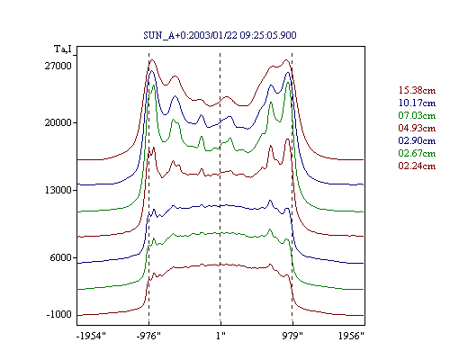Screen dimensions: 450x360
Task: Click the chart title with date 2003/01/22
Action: point(220,35)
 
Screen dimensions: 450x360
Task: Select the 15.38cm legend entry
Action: point(417,90)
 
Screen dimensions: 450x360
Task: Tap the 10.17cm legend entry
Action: point(417,103)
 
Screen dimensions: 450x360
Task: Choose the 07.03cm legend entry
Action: point(417,115)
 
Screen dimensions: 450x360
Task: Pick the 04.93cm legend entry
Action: point(417,128)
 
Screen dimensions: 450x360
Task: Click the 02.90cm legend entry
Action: point(417,140)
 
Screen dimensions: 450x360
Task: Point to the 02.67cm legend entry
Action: point(417,153)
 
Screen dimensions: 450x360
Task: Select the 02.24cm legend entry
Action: point(417,166)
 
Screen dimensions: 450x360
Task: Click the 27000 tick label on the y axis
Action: point(58,66)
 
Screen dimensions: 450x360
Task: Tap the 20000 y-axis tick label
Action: point(58,122)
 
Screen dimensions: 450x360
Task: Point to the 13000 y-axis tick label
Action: point(58,190)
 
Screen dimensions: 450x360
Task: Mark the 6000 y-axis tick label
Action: point(61,257)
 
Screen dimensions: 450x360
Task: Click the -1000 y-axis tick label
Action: point(59,314)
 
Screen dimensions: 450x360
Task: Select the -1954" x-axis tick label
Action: point(92,336)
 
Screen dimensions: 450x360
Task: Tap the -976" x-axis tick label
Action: point(148,336)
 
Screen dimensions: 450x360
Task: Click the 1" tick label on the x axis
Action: point(220,336)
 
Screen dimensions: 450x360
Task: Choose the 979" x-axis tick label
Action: point(292,336)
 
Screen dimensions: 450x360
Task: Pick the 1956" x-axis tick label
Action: point(351,336)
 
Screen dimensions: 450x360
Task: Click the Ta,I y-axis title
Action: point(63,49)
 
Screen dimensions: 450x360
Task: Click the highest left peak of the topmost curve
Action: point(152,59)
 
